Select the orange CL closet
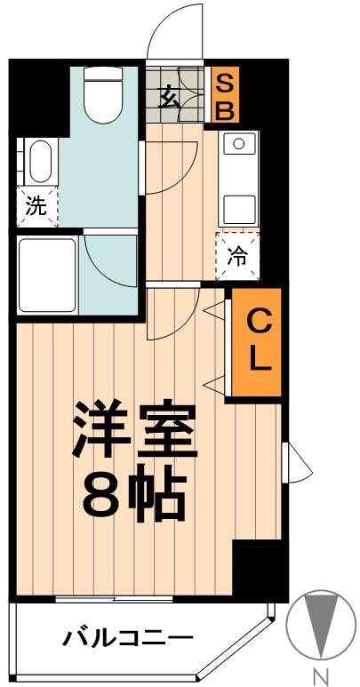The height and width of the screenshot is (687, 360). (x=256, y=341)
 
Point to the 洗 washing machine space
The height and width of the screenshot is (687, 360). (x=36, y=207)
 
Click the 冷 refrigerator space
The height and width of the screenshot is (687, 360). (x=238, y=256)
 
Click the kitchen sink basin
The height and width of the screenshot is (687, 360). (x=238, y=144)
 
